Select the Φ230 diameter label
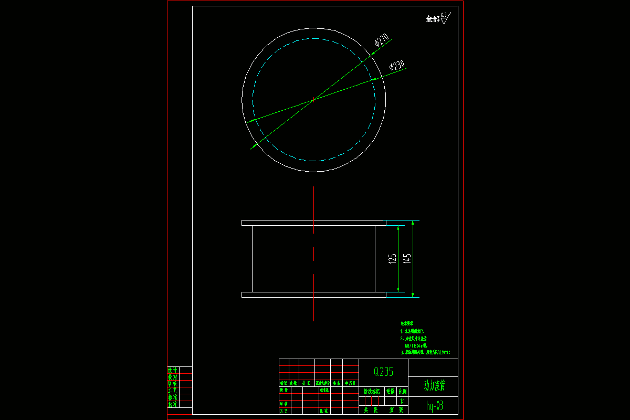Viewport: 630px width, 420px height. (397, 66)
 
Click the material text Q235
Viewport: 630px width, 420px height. (383, 372)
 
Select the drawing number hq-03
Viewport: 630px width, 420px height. (434, 405)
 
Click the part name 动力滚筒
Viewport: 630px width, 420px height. (434, 386)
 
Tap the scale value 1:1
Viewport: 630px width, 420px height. (403, 401)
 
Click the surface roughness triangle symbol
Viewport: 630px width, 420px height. (445, 20)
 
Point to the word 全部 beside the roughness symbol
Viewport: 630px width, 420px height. (433, 19)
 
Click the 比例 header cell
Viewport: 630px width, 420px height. (403, 392)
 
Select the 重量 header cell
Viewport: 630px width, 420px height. (391, 392)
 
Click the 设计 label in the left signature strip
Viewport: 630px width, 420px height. (172, 370)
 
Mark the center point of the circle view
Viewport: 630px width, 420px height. (314, 99)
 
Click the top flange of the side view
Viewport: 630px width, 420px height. (314, 223)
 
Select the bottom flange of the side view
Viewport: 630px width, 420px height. (314, 295)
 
